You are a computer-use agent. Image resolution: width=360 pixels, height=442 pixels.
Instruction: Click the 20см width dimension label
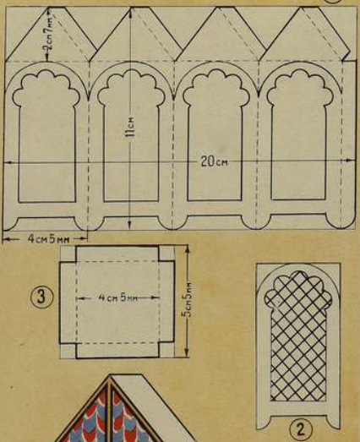point(215,161)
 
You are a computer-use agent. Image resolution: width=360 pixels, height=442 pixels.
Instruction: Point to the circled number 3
point(41,297)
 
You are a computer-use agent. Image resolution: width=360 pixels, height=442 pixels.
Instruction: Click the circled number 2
point(301,430)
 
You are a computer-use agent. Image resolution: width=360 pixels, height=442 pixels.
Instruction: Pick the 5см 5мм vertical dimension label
point(188,300)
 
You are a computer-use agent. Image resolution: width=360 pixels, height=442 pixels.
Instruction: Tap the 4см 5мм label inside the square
point(117,297)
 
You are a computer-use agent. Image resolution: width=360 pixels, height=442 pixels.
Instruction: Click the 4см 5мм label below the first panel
point(48,239)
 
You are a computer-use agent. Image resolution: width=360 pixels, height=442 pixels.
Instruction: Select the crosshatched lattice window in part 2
point(298,336)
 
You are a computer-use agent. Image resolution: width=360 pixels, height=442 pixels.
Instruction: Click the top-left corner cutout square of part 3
point(68,254)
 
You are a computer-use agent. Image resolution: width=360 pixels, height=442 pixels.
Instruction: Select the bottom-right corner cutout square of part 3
point(166,351)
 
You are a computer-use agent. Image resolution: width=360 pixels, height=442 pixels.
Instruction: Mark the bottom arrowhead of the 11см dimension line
point(129,225)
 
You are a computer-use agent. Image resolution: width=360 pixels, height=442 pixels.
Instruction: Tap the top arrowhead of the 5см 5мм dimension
point(187,248)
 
